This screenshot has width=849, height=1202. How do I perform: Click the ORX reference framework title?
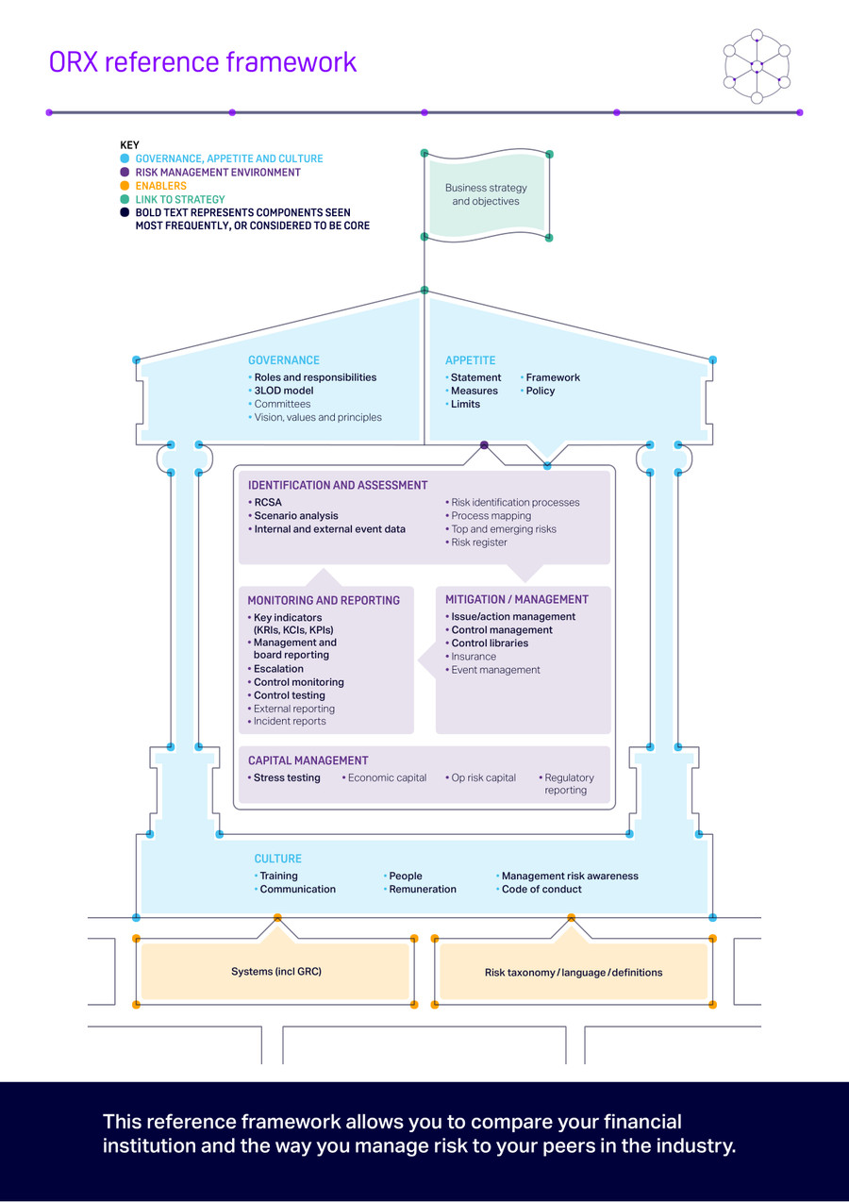(x=203, y=62)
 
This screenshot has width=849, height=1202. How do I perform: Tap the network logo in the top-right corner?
(x=756, y=66)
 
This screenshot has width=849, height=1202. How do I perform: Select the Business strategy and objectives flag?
(x=486, y=195)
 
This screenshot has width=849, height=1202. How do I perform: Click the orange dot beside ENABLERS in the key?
(x=125, y=186)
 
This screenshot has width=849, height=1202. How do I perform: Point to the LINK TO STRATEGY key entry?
(x=179, y=200)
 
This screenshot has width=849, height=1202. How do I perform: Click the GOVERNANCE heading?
(x=284, y=360)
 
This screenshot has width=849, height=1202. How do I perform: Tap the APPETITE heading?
(x=470, y=360)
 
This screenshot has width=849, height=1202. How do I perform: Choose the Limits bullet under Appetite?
(x=465, y=404)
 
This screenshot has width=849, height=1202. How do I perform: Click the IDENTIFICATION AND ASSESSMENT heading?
(x=338, y=486)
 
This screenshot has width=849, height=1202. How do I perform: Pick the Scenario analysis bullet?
(x=295, y=516)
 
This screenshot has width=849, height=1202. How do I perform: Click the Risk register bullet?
(x=478, y=543)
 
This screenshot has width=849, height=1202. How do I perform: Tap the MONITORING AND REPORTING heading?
(x=324, y=600)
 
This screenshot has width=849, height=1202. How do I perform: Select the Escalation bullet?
(x=278, y=669)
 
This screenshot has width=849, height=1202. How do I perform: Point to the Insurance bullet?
(x=473, y=657)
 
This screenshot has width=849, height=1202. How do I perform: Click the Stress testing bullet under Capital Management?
(x=287, y=778)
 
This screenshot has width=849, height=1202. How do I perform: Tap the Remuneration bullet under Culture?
(x=422, y=890)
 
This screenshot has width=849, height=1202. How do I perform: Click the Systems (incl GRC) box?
(x=276, y=972)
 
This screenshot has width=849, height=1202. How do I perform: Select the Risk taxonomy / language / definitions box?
(x=574, y=973)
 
